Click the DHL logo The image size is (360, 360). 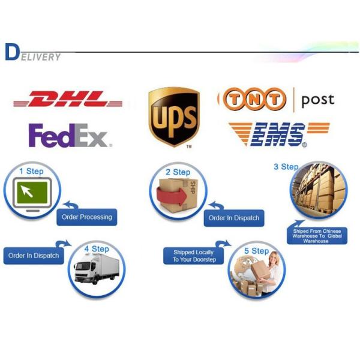tap(67, 100)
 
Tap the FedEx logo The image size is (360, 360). tap(69, 136)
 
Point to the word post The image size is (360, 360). tap(317, 100)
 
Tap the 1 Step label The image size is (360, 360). tap(31, 171)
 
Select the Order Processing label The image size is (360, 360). tap(87, 217)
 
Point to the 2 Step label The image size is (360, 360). tap(178, 172)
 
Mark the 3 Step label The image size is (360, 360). tap(286, 167)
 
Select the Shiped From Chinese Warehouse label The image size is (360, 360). tap(317, 235)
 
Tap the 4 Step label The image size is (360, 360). tap(96, 248)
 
